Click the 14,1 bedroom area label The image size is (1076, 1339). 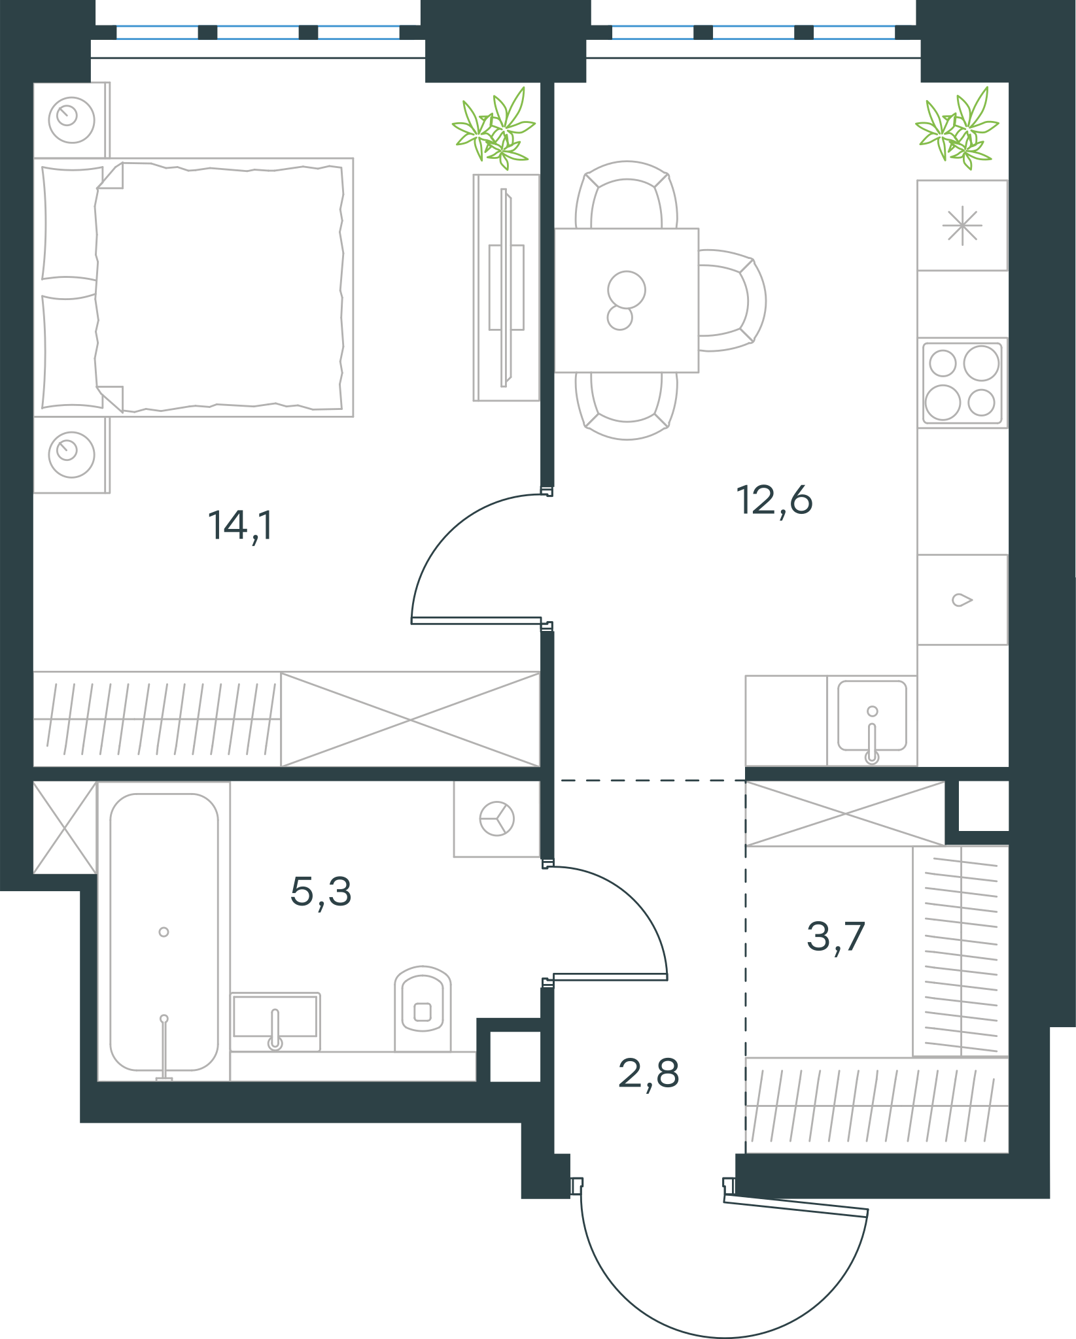tap(240, 526)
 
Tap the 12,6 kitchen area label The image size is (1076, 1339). tap(774, 501)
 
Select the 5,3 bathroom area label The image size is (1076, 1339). tap(321, 892)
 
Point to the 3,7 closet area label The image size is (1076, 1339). tap(836, 936)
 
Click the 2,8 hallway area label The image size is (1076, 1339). tap(649, 1074)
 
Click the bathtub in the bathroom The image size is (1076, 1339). tap(164, 931)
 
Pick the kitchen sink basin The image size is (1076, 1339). tap(872, 717)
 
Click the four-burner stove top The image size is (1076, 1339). tap(962, 382)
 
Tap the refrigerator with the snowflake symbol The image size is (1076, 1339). tap(962, 226)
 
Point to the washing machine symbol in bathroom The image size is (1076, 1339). tap(497, 819)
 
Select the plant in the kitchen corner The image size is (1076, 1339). tap(957, 128)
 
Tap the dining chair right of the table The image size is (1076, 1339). tap(732, 301)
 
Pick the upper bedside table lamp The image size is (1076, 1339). tap(71, 120)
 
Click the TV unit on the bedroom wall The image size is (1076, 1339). tap(506, 288)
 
